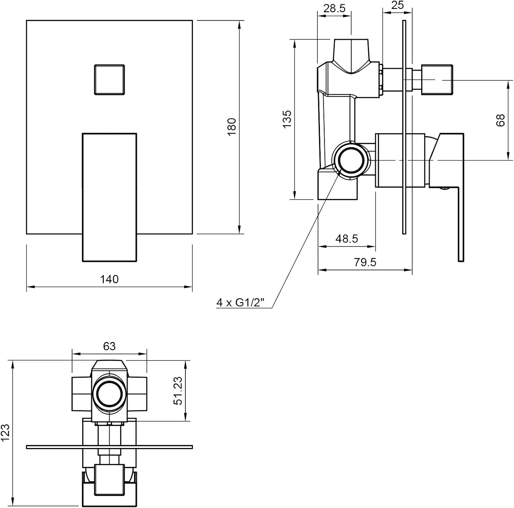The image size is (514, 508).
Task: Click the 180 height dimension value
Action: coord(232,127)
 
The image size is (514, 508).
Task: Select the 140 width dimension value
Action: coord(109,279)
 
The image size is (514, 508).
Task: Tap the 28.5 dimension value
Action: coord(334,9)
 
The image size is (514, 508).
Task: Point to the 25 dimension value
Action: coord(397,5)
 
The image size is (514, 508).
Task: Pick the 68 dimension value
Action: coord(501,120)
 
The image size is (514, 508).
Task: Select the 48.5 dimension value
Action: coord(347,238)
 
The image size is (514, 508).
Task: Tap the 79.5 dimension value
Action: coord(365,262)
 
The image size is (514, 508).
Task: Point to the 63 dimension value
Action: coord(109,346)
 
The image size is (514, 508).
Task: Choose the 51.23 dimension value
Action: coord(178,391)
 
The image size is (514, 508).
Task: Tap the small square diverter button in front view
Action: coord(109,79)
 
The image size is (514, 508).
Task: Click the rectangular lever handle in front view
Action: coord(109,197)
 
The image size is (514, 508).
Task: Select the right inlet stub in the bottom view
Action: coord(136,394)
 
